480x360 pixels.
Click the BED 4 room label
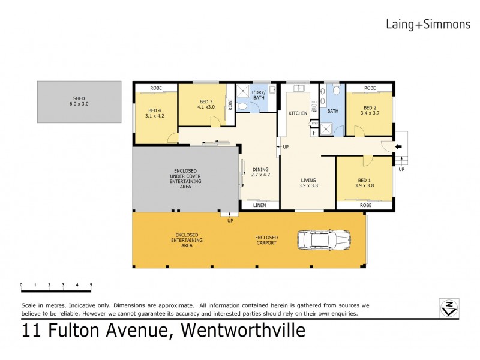[x=154, y=113]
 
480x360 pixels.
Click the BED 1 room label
[x=365, y=182]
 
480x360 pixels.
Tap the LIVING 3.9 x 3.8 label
[x=308, y=182]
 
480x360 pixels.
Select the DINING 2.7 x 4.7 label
[x=261, y=172]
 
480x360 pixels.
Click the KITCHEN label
[x=298, y=113]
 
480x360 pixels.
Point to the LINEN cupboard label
[x=259, y=206]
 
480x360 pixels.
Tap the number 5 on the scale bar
[x=91, y=284]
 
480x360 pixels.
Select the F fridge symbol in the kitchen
[x=314, y=133]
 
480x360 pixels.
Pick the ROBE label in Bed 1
[x=365, y=205]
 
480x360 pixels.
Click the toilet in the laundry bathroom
[x=242, y=106]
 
